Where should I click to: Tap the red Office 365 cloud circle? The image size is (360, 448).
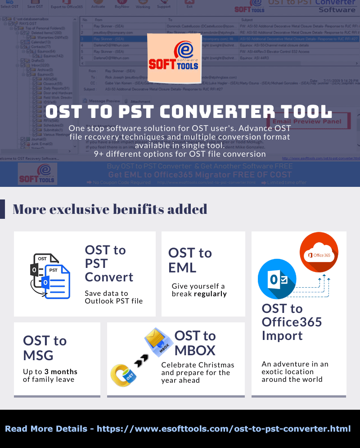click(x=319, y=252)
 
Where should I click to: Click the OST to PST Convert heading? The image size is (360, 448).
click(x=109, y=263)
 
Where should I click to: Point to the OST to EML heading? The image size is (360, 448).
click(x=190, y=260)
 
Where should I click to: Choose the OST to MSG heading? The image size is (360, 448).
click(x=45, y=348)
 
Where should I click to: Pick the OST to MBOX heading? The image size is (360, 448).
click(x=195, y=343)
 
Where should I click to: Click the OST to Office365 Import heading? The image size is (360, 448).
click(x=292, y=322)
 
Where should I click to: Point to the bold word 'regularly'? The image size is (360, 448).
click(x=210, y=294)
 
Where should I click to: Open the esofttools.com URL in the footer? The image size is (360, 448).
click(x=224, y=429)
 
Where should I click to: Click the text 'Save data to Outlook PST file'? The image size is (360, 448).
click(x=113, y=297)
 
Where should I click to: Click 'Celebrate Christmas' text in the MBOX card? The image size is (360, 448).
click(x=198, y=365)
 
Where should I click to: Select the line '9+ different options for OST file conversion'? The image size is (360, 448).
click(x=180, y=154)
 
